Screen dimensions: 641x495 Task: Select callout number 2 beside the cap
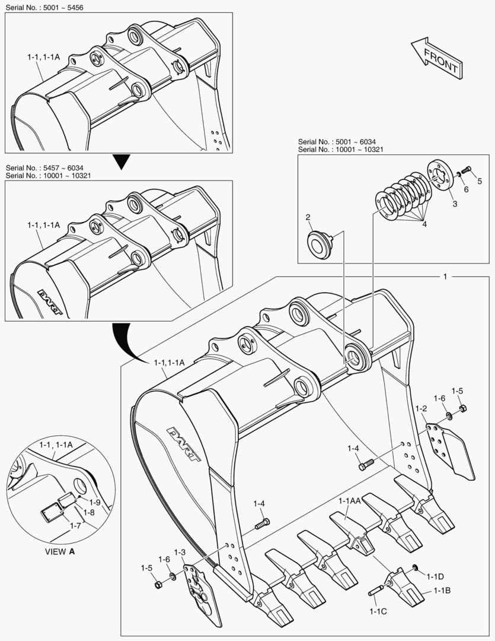click(x=308, y=217)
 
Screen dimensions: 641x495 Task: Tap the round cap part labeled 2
click(x=320, y=243)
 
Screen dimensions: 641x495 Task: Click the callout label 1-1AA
click(x=350, y=501)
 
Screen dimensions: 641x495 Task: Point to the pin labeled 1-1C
click(x=375, y=591)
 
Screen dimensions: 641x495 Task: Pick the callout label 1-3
click(x=180, y=553)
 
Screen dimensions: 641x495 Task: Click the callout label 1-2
click(x=421, y=408)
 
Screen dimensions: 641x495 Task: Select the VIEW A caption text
click(x=60, y=551)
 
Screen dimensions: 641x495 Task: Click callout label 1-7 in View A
click(x=75, y=526)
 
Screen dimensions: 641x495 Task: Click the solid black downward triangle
click(x=121, y=161)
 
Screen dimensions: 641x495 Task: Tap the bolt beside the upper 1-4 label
click(x=366, y=465)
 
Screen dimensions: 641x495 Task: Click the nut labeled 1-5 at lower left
click(x=158, y=585)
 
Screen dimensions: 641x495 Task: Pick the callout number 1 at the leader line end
click(x=445, y=277)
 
